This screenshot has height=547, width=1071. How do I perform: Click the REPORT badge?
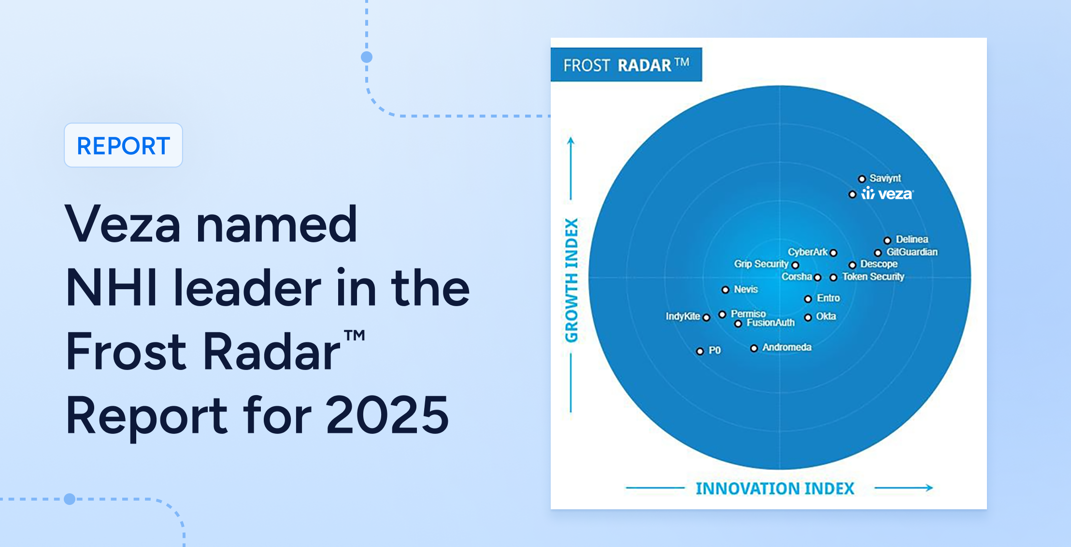123,145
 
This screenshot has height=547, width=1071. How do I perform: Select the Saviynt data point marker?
861,179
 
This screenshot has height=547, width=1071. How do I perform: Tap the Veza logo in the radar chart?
887,193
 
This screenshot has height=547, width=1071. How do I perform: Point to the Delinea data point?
887,240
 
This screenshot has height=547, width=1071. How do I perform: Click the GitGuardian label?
912,252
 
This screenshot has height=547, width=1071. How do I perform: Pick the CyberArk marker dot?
833,252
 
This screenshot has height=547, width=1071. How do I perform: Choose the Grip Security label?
761,264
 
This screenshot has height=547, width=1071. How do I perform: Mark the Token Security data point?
833,278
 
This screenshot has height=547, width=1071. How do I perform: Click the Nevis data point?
725,290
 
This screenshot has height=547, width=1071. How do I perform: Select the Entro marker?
808,299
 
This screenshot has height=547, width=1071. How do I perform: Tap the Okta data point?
808,317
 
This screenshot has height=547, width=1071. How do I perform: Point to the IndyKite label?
683,316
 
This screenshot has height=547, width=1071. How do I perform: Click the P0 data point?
700,351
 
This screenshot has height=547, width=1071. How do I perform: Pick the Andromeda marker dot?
754,348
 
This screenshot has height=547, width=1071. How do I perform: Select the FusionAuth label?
771,323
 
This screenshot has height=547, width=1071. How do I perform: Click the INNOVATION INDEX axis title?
775,488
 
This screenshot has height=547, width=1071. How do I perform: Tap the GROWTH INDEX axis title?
571,281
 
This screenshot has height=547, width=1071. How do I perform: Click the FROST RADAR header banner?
626,64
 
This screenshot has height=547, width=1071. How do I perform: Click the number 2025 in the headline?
388,415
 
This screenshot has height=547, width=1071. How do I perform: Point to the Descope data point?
852,265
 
